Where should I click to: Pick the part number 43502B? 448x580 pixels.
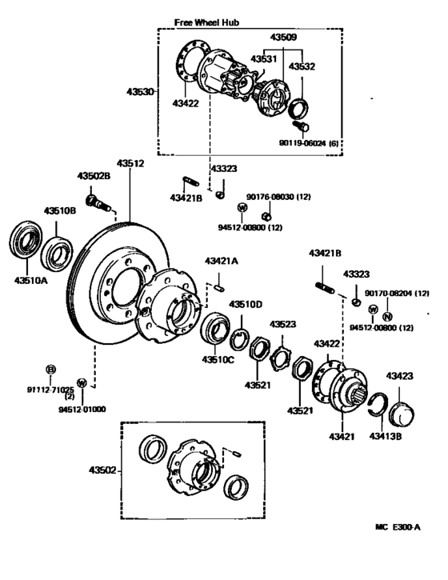click(93, 176)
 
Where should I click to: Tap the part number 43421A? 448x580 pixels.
click(222, 261)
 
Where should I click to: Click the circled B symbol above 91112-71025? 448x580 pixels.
click(50, 369)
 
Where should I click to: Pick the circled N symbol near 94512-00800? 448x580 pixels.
click(388, 317)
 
